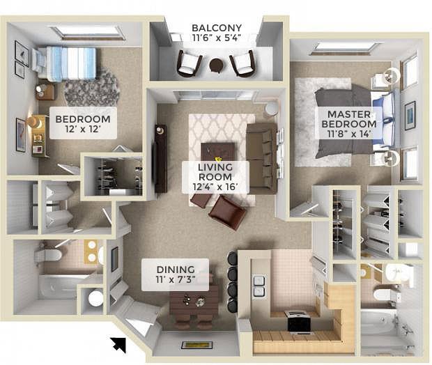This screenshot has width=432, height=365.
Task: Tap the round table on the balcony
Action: pos(216,65)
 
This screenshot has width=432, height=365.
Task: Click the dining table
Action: pos(194,301)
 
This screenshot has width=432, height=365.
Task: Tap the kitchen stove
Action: pos(299,321)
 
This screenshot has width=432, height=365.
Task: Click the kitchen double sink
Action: pos(259,286)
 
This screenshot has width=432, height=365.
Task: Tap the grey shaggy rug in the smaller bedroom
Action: pos(92,88)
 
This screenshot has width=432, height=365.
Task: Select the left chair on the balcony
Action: pos(189,63)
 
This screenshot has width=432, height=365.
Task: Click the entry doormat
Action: pos(196,345)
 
